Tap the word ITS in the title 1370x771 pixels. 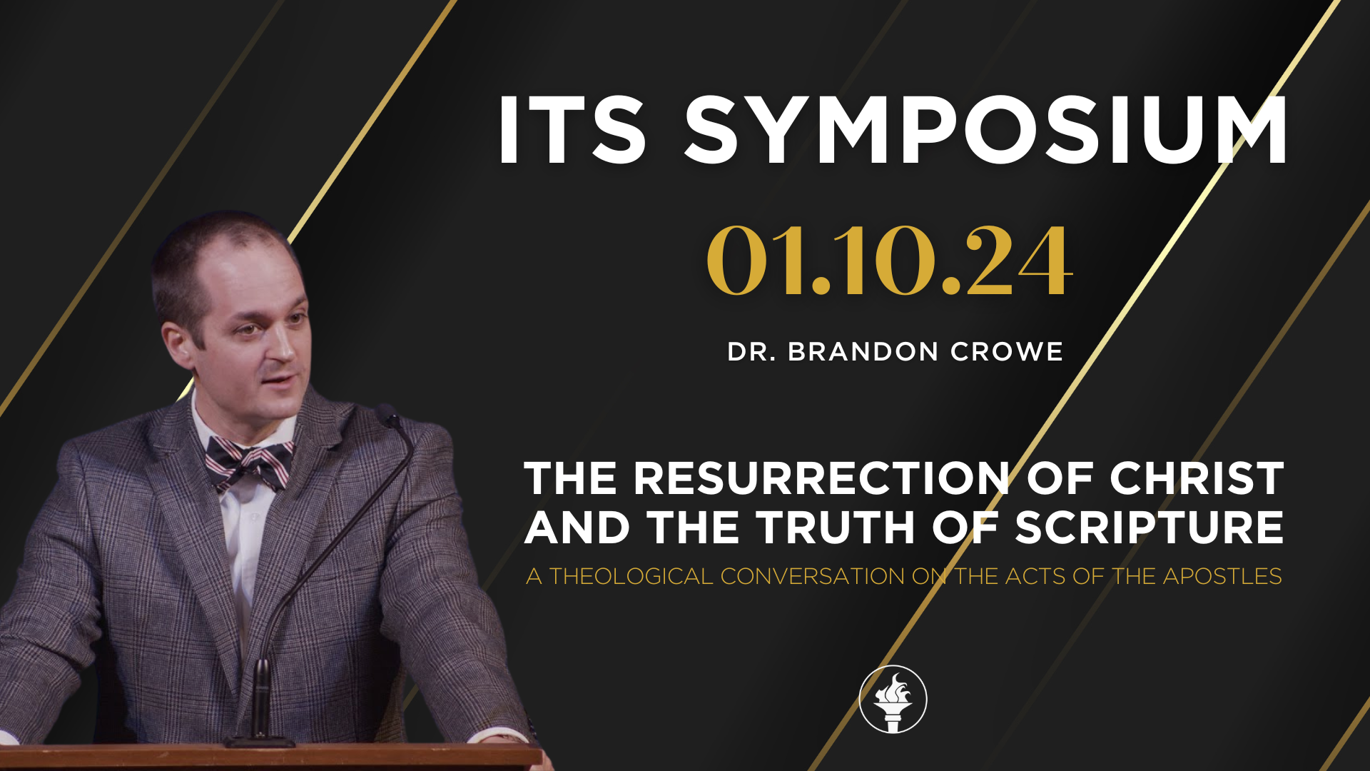(x=572, y=131)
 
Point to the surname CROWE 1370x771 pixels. (x=1007, y=352)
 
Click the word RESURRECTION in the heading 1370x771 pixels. (x=821, y=478)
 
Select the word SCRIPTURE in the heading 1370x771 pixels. (x=1149, y=528)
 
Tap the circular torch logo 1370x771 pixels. (x=893, y=700)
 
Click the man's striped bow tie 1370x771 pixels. (x=248, y=463)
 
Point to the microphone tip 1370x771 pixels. (x=389, y=415)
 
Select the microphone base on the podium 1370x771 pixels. (x=260, y=741)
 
